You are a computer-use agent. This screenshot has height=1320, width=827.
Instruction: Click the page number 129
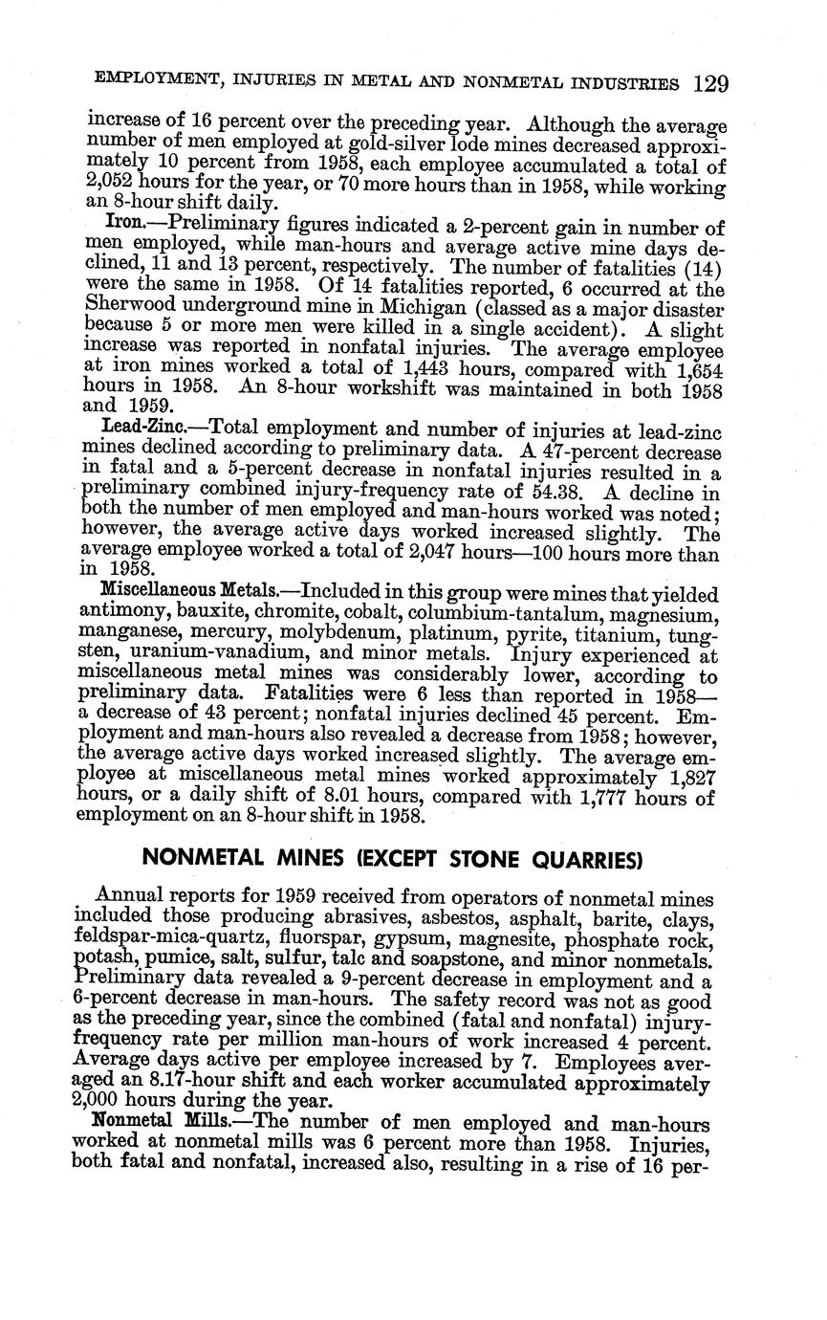[x=711, y=83]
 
